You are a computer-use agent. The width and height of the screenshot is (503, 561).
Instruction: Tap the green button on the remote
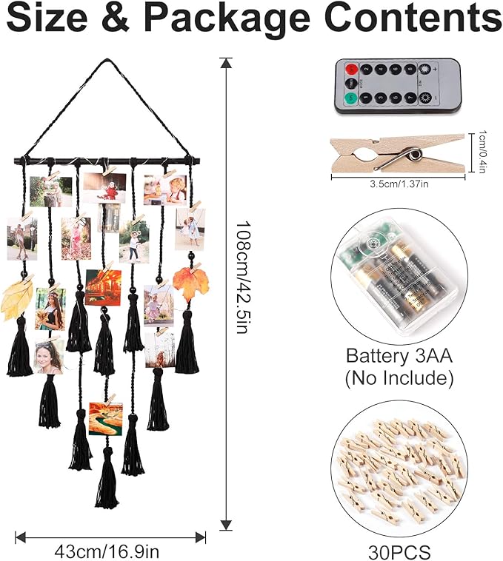349,98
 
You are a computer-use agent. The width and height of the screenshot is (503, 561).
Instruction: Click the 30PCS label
400,551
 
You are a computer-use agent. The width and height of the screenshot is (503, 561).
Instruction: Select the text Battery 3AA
399,355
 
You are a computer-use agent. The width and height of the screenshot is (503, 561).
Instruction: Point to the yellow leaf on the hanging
18,299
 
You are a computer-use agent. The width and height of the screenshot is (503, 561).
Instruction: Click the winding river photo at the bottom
106,418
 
